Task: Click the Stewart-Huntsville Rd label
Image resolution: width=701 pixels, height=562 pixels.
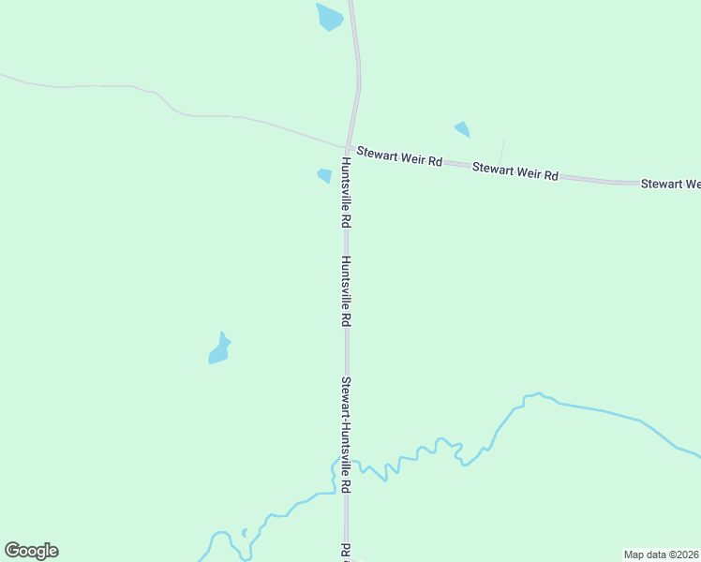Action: click(346, 436)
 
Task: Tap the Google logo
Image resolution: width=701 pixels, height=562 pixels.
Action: click(31, 551)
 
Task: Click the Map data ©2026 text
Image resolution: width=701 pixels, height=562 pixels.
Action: click(662, 554)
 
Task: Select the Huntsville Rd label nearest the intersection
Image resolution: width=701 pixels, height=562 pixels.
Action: click(346, 192)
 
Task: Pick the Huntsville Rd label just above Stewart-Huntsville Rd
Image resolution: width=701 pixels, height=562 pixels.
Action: click(346, 290)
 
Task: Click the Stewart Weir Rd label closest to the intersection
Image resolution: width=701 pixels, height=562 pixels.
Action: click(398, 159)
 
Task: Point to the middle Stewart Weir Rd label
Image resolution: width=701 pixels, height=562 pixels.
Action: click(515, 171)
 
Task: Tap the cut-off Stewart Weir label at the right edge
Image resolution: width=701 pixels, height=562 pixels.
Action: click(670, 185)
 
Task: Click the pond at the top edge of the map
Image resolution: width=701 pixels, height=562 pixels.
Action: click(330, 17)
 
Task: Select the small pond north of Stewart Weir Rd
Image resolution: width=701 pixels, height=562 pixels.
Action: click(462, 129)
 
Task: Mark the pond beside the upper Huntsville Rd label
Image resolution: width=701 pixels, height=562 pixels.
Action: click(324, 175)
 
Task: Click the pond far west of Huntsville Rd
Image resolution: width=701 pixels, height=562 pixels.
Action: click(219, 350)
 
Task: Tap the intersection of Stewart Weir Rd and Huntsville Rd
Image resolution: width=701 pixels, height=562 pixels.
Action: click(348, 149)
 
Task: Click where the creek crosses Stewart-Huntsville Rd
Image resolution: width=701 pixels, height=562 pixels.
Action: click(347, 494)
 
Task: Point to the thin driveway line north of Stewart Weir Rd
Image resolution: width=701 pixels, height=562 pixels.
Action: click(501, 152)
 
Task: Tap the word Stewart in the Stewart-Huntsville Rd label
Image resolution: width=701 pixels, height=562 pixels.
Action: click(346, 395)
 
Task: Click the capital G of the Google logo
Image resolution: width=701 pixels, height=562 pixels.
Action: click(12, 551)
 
